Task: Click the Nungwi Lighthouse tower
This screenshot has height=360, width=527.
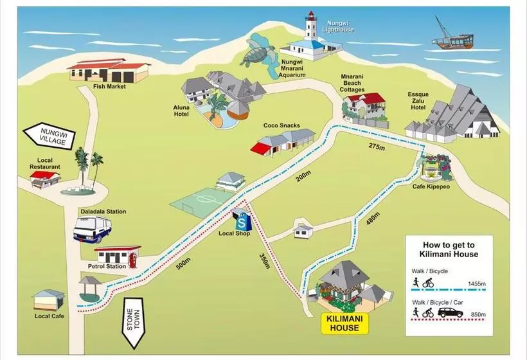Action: [310, 26]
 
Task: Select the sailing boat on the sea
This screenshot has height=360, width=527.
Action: [452, 36]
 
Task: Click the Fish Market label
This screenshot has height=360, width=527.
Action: [109, 86]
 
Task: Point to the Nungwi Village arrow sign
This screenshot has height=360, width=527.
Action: [49, 136]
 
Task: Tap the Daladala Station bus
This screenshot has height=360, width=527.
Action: [93, 230]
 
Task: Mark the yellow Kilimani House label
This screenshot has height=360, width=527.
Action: [344, 323]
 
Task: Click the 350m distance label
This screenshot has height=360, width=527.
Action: [265, 261]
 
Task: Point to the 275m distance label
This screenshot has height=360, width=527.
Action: [377, 146]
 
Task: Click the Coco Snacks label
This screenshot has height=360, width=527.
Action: [281, 125]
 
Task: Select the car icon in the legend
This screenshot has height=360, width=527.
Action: [451, 312]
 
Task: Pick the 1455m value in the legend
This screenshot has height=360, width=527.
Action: [477, 283]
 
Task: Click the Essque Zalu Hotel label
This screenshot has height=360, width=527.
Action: [418, 101]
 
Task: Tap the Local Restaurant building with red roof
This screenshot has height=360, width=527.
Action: [45, 179]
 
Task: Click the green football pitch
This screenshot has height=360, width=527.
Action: [202, 203]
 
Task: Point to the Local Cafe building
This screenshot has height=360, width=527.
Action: [49, 300]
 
